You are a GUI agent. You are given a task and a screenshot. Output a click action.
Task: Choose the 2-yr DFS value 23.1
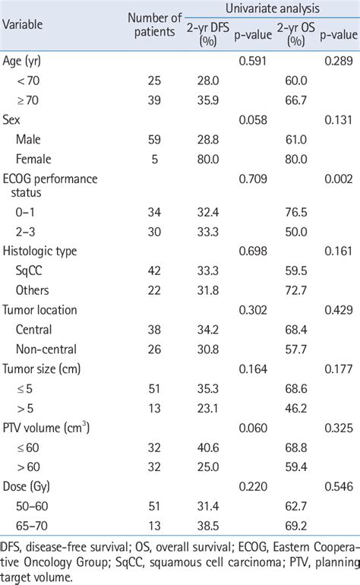tap(207, 409)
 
